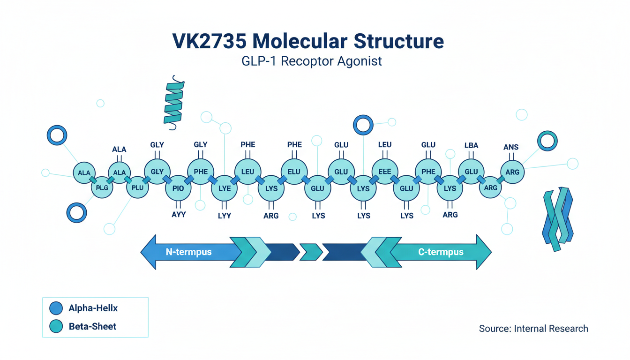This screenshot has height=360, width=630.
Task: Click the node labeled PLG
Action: (102, 187)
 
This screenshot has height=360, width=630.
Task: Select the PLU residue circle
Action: (138, 187)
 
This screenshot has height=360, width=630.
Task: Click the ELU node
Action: (294, 172)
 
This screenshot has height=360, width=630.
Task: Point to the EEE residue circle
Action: (384, 172)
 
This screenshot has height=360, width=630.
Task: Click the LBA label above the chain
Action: (471, 145)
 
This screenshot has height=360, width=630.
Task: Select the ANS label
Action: (511, 147)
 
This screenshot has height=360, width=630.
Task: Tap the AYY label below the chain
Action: (179, 215)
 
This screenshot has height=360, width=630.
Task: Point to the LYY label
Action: (225, 216)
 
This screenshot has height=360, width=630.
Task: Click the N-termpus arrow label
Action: (189, 252)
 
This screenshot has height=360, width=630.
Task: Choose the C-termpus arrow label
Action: (441, 252)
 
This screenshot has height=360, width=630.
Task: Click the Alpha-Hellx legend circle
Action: (56, 308)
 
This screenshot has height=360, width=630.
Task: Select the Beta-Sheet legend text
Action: (92, 326)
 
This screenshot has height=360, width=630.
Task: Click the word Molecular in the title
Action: (300, 41)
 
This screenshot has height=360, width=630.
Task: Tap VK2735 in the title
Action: (209, 41)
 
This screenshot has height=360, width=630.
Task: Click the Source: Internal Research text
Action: (533, 329)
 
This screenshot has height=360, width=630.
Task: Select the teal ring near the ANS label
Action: (547, 141)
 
